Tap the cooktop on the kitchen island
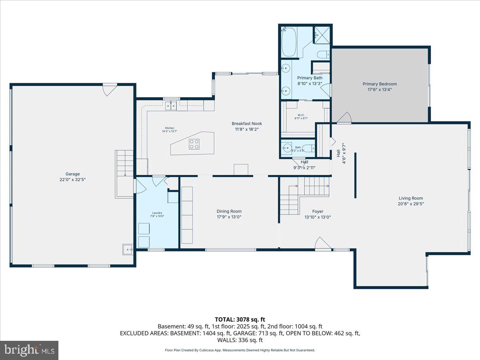[x=194, y=144]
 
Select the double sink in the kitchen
[x=171, y=105]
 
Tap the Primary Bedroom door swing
[x=344, y=118]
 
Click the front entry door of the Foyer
[x=323, y=244]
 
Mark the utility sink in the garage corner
[x=128, y=249]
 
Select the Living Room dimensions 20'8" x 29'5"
[x=411, y=204]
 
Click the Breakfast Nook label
[x=247, y=124]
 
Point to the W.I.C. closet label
[x=301, y=115]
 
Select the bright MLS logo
[x=29, y=350]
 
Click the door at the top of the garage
[x=109, y=89]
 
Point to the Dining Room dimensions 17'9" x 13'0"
[x=229, y=217]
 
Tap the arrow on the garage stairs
[x=125, y=174]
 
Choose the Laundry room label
[x=157, y=213]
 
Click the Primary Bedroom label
[x=380, y=84]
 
